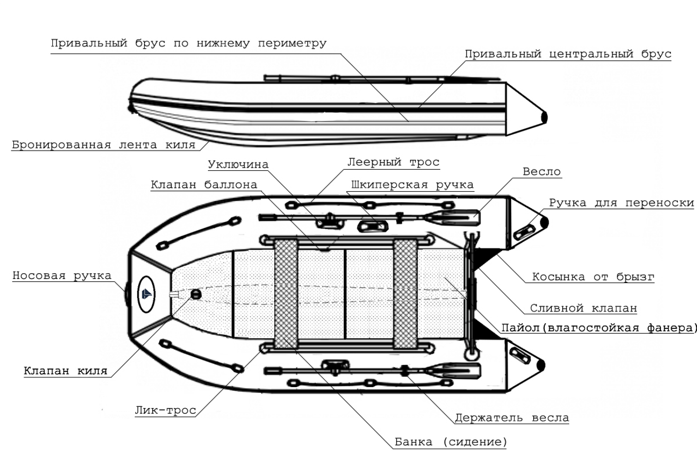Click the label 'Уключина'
pyautogui.click(x=238, y=164)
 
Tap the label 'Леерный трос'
pyautogui.click(x=393, y=162)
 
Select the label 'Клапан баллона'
pyautogui.click(x=204, y=185)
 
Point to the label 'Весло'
pyautogui.click(x=541, y=172)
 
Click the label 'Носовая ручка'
pyautogui.click(x=62, y=276)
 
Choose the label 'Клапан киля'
pyautogui.click(x=65, y=371)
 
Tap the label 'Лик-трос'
pyautogui.click(x=165, y=410)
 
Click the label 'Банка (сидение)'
pyautogui.click(x=450, y=442)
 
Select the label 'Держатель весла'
pyautogui.click(x=512, y=418)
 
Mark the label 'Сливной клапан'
pyautogui.click(x=583, y=308)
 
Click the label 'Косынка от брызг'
pyautogui.click(x=593, y=277)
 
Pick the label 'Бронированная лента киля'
pyautogui.click(x=103, y=145)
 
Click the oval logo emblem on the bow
pyautogui.click(x=146, y=294)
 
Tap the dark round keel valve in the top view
pyautogui.click(x=196, y=294)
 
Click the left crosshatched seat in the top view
pyautogui.click(x=286, y=293)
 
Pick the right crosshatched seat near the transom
pyautogui.click(x=405, y=293)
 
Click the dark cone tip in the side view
pyautogui.click(x=544, y=117)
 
